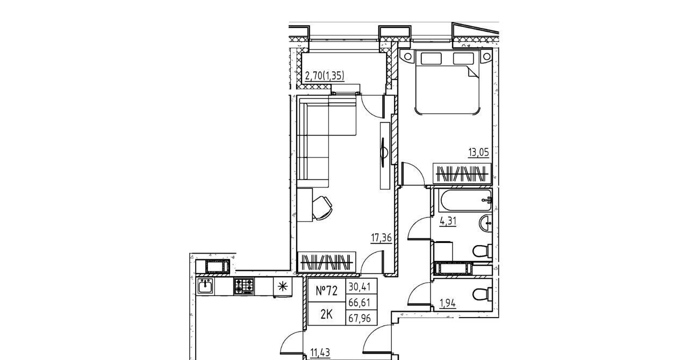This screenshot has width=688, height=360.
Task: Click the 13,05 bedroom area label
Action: tap(478, 153)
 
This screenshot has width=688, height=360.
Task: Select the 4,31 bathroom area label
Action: tap(448, 221)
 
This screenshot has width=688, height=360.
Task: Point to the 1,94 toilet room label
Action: tap(448, 304)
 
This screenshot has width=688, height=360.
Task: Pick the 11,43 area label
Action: tap(320, 352)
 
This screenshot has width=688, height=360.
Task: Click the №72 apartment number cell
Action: tap(326, 291)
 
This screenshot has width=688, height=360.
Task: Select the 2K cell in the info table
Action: tap(326, 314)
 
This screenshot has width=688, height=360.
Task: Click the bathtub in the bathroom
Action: tap(465, 200)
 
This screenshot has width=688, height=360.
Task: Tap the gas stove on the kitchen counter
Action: tap(244, 286)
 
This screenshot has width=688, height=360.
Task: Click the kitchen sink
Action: tap(205, 286)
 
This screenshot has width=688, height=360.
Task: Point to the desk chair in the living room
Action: tap(322, 208)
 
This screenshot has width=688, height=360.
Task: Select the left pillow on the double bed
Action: tap(431, 59)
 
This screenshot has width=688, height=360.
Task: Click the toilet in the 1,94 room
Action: tap(482, 294)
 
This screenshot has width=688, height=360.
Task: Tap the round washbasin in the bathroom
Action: tap(485, 224)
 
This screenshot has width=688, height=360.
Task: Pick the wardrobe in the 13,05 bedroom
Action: tap(462, 174)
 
